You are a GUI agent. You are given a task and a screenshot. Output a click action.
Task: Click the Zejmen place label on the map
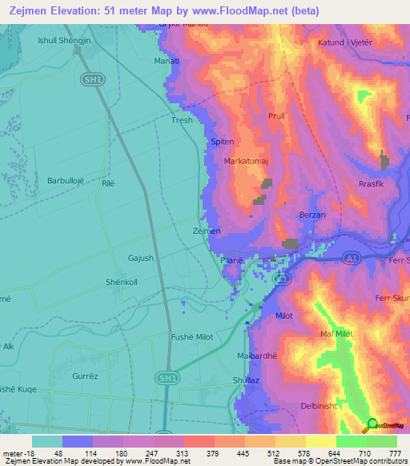(x=207, y=231)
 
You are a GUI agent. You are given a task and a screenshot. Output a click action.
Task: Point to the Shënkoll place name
(x=122, y=282)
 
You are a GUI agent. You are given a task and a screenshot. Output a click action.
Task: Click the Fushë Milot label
(x=192, y=336)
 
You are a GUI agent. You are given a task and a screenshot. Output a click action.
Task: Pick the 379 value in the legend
(x=198, y=452)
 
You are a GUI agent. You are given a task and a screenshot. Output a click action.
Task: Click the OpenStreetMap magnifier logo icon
(x=371, y=424)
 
